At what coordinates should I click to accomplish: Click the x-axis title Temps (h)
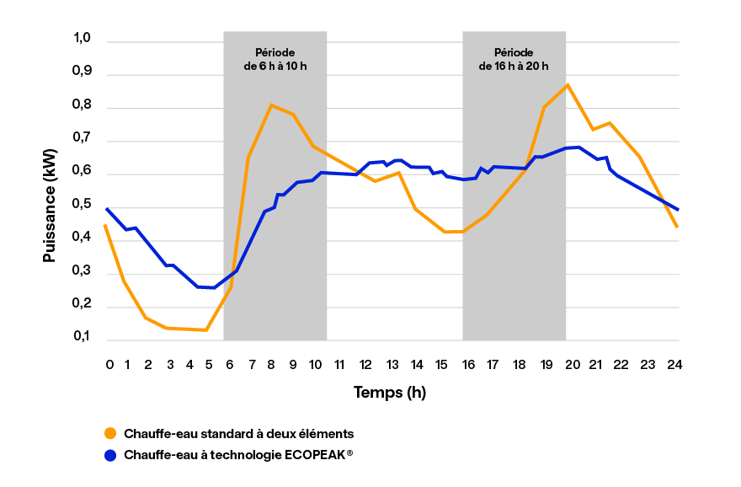tap(391, 392)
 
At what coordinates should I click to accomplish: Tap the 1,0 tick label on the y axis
tap(82, 38)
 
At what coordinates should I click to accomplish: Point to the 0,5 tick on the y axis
tap(82, 205)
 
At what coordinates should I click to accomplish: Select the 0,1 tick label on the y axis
tap(82, 337)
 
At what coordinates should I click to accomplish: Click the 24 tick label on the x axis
tap(674, 364)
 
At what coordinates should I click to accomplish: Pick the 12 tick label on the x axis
tap(365, 364)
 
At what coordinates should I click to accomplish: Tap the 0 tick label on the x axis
tap(109, 364)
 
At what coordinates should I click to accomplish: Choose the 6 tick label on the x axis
tap(230, 364)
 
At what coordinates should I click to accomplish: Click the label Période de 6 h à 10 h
tap(275, 59)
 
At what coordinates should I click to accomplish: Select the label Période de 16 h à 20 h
tap(514, 59)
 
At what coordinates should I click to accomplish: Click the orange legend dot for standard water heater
tap(109, 433)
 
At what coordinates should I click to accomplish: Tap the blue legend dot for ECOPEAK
tap(109, 455)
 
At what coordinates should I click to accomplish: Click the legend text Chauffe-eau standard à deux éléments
tap(238, 433)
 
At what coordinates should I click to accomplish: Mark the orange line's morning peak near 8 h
tap(270, 105)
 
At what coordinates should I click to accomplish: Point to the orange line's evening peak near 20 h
tap(568, 85)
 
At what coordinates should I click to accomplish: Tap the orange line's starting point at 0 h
tap(105, 226)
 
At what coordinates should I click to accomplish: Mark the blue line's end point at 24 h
tap(678, 210)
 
